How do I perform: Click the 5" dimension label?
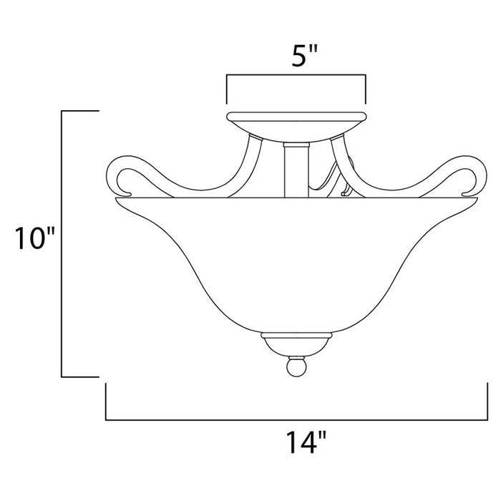(296, 56)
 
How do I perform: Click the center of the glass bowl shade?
(296, 265)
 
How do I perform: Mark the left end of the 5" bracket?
(226, 89)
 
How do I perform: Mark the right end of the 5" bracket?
(366, 89)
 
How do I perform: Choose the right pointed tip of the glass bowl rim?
(477, 200)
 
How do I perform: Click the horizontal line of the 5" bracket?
(296, 74)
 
